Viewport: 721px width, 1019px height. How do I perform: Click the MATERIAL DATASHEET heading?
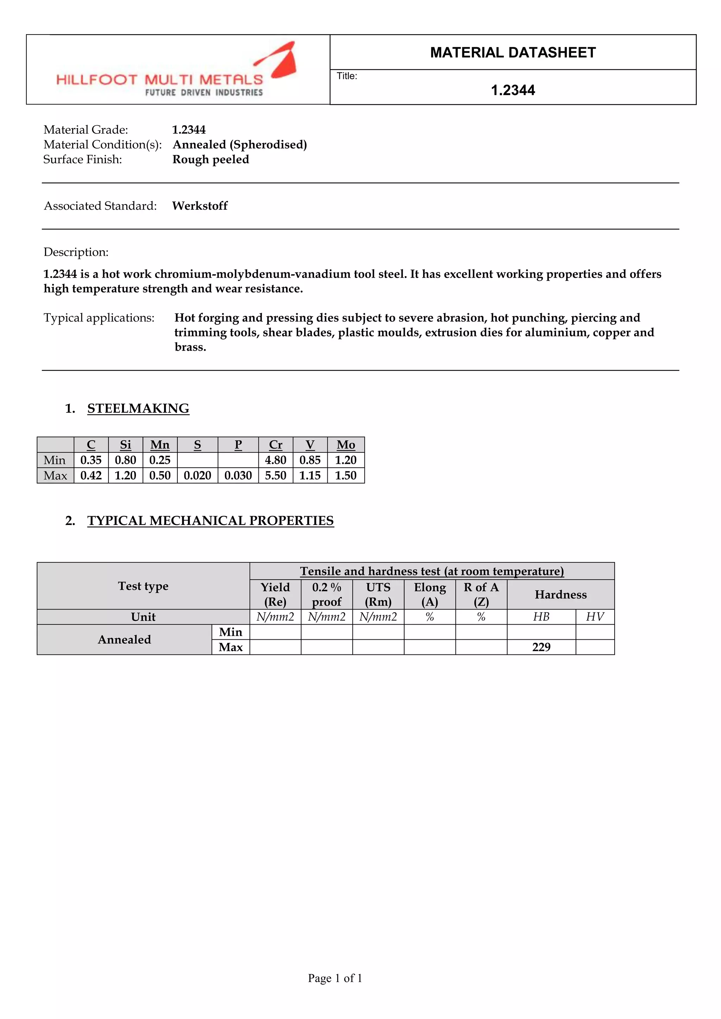(513, 52)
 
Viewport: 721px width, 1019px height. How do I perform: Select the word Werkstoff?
(200, 206)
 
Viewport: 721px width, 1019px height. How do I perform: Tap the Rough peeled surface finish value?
(211, 159)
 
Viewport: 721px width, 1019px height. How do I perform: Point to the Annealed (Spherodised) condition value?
(240, 145)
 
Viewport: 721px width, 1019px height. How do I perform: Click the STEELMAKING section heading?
(138, 408)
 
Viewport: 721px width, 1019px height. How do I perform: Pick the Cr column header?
(275, 445)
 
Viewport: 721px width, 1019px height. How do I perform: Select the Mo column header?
(345, 445)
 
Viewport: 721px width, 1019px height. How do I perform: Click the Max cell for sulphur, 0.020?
(197, 476)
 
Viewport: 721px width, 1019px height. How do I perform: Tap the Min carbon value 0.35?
(91, 460)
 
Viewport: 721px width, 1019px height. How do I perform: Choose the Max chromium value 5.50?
(275, 476)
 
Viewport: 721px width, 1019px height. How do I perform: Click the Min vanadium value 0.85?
(310, 460)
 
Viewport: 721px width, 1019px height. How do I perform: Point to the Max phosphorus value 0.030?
(238, 476)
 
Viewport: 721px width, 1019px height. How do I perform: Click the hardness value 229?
(541, 647)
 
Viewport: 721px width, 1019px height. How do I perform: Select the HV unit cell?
(595, 617)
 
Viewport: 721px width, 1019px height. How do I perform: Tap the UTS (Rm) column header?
(378, 594)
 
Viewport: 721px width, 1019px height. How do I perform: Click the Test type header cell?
(143, 586)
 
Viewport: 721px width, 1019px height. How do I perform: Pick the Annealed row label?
(124, 640)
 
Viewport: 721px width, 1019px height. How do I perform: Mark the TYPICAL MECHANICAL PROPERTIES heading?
(211, 521)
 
